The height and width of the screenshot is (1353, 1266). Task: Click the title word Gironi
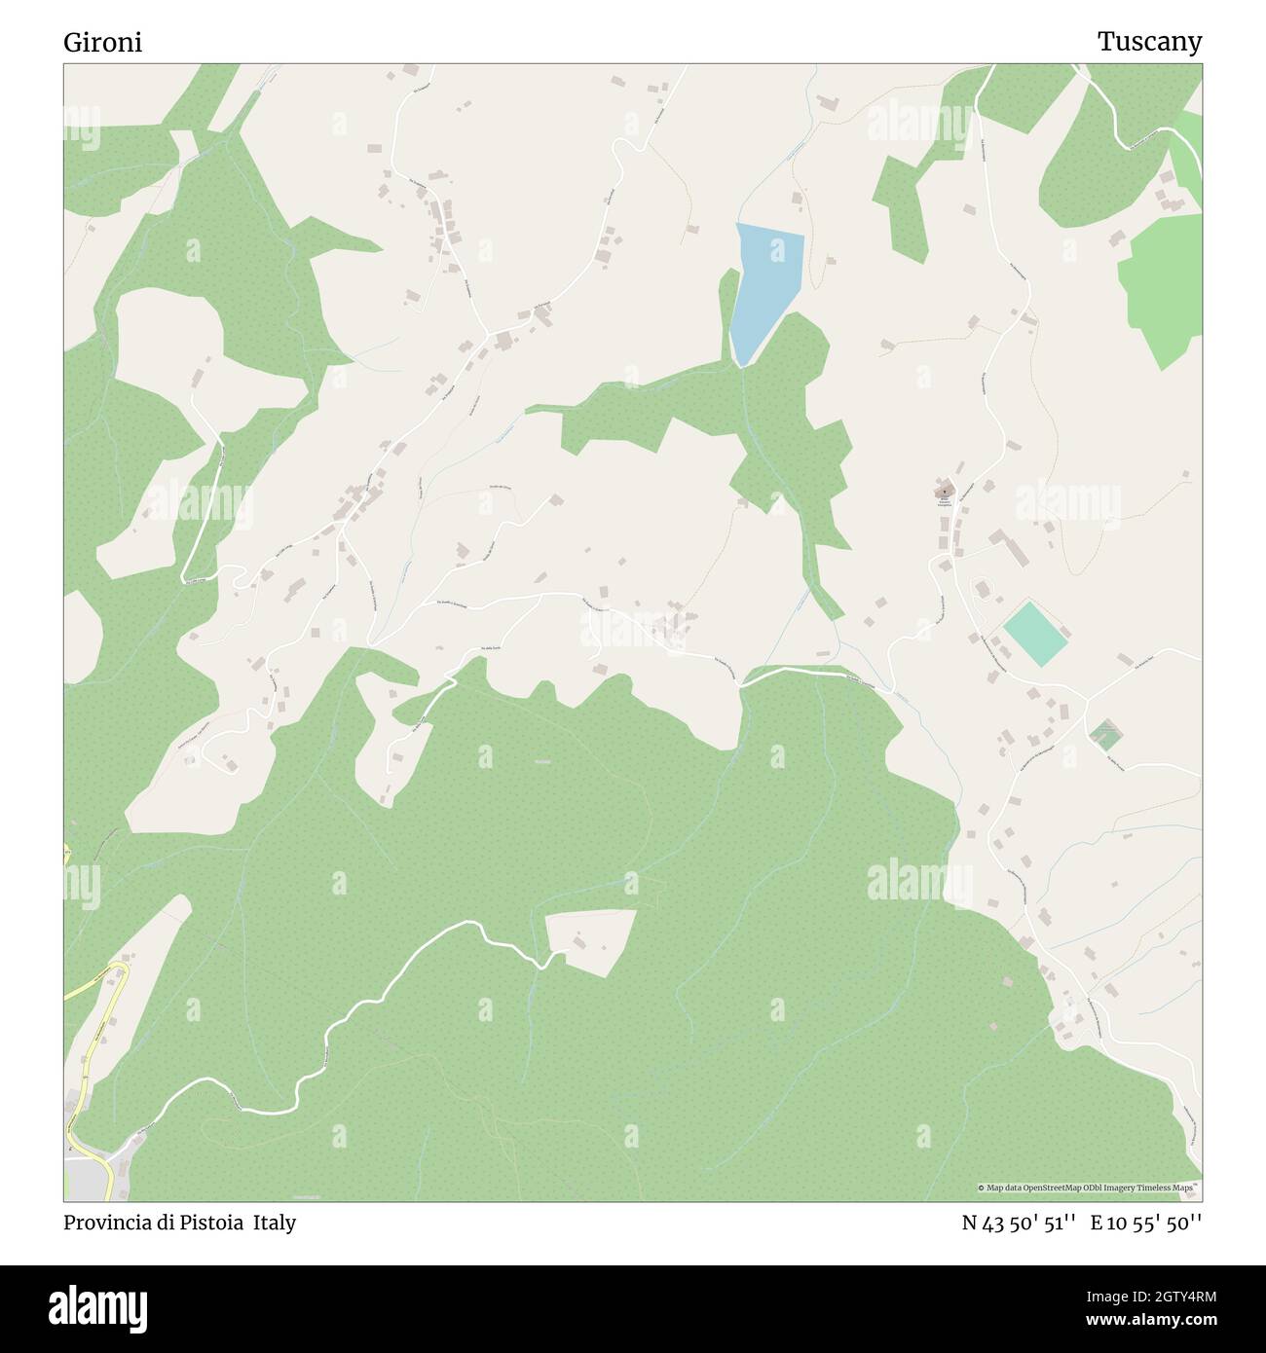coord(102,43)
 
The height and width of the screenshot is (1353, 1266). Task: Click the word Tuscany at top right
coord(1149,42)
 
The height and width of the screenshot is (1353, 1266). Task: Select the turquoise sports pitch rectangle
coord(1036,634)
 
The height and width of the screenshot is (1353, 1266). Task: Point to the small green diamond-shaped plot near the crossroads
coord(1104,734)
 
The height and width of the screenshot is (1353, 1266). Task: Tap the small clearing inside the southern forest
coord(591,938)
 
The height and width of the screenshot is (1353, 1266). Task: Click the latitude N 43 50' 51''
coord(1018,1223)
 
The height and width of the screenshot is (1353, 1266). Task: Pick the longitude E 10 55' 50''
coord(1146,1223)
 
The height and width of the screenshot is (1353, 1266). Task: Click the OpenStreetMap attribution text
coord(1089,1188)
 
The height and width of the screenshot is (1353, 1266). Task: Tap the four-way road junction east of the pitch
coord(1086,699)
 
